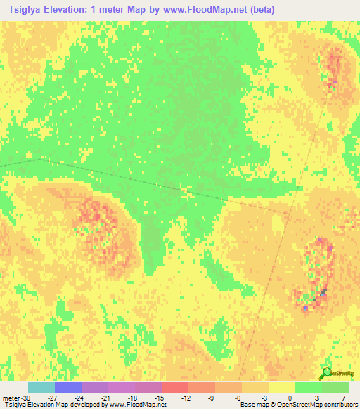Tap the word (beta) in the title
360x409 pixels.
tap(259, 9)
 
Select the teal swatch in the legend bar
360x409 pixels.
tap(41, 387)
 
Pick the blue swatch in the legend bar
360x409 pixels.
tap(68, 387)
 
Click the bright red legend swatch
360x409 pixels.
tap(175, 387)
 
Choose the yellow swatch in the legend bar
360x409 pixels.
tap(282, 387)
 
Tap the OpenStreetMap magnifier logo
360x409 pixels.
tap(326, 373)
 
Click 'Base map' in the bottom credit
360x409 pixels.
tap(255, 405)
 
